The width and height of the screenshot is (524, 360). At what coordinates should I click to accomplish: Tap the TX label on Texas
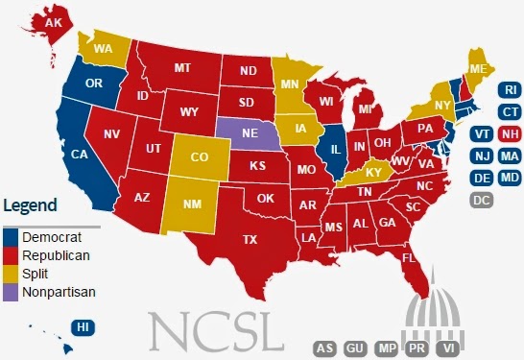click(x=250, y=238)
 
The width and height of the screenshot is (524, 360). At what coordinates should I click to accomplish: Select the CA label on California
click(x=81, y=154)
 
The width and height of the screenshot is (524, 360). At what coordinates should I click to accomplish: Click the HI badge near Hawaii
click(x=84, y=327)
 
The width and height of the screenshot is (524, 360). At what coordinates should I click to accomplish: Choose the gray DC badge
click(x=482, y=200)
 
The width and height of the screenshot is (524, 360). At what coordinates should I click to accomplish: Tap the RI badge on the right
click(x=510, y=90)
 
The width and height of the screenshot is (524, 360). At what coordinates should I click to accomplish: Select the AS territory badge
click(x=326, y=348)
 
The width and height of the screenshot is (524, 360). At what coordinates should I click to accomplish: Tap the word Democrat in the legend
click(x=54, y=236)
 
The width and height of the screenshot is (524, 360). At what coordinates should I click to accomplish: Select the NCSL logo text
click(x=218, y=329)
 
